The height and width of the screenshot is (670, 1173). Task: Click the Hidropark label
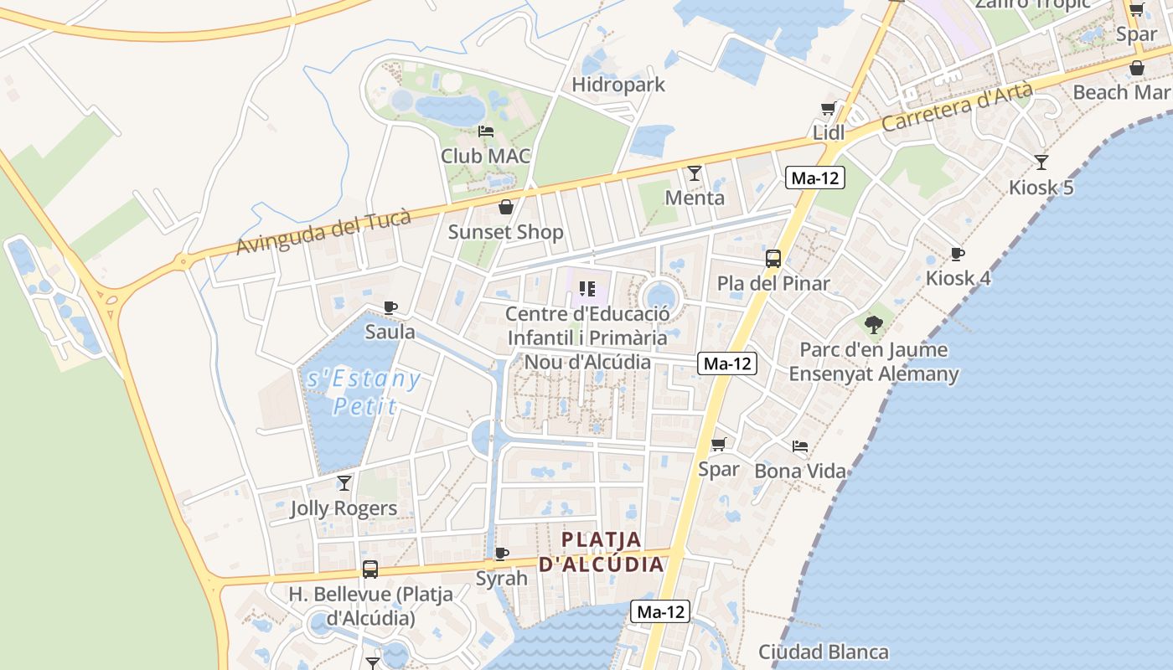(x=618, y=85)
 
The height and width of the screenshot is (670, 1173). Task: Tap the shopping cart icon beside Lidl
(x=828, y=109)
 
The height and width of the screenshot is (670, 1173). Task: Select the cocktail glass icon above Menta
(x=695, y=173)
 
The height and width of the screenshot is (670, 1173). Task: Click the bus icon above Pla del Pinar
(x=773, y=259)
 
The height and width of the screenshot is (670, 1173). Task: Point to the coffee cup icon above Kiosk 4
(x=958, y=254)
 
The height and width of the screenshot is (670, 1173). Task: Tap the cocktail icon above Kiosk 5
(x=1041, y=162)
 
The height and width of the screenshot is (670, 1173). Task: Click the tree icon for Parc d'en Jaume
(x=874, y=324)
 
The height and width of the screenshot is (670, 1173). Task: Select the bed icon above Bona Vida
(x=800, y=446)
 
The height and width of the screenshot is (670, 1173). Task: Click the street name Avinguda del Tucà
(x=323, y=232)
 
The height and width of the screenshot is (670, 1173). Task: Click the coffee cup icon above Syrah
(x=502, y=554)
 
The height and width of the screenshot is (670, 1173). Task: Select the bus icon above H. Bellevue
(x=370, y=569)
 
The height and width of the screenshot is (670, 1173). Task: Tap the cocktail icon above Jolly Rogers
(x=344, y=483)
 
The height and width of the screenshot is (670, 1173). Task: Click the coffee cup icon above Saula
(x=390, y=307)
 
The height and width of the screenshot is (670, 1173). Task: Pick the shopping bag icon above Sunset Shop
(x=506, y=207)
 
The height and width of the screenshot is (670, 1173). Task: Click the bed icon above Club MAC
(x=486, y=131)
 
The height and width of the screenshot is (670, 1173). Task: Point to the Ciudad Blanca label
(x=824, y=652)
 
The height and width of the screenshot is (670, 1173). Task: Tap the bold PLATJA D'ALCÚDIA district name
(x=601, y=551)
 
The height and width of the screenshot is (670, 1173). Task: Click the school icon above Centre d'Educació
(x=587, y=289)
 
